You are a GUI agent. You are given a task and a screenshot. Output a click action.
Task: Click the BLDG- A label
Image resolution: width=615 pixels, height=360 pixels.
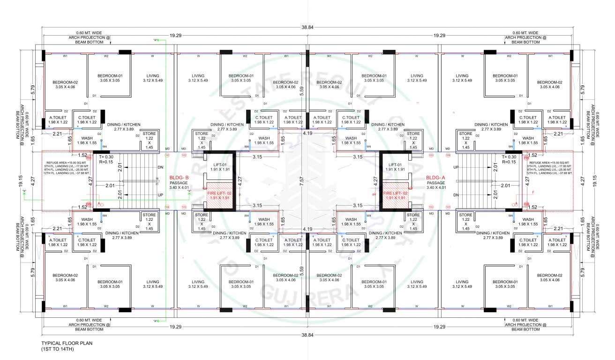pyautogui.click(x=435, y=178)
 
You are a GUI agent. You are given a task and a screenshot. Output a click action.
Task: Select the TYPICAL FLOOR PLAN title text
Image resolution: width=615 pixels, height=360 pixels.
pyautogui.click(x=67, y=343)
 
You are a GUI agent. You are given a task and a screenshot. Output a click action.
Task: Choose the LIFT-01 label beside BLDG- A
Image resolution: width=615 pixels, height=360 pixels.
pyautogui.click(x=395, y=165)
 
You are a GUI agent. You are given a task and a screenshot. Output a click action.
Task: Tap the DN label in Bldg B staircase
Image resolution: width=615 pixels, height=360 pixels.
pyautogui.click(x=160, y=167)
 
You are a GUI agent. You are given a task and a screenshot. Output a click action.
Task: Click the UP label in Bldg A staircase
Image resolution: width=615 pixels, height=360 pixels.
pyautogui.click(x=456, y=167)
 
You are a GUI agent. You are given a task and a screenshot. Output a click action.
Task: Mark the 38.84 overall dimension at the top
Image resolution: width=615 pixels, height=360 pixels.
pyautogui.click(x=307, y=28)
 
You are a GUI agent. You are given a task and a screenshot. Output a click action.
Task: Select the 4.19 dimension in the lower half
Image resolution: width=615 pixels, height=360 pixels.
pyautogui.click(x=307, y=229)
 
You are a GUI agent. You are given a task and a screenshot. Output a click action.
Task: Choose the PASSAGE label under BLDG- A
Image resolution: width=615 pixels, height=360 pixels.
pyautogui.click(x=435, y=183)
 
